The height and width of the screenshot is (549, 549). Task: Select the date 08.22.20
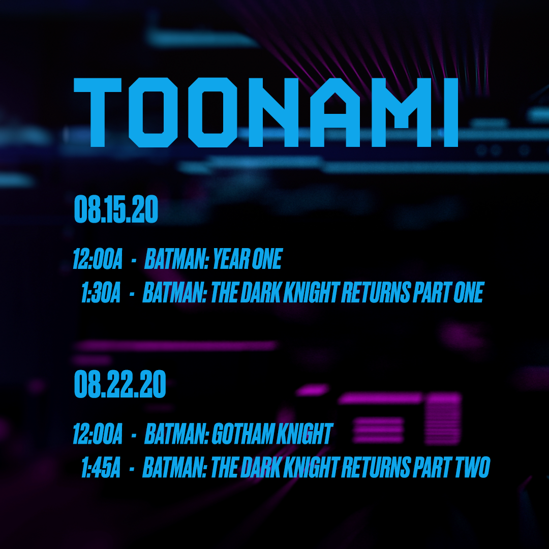(x=120, y=385)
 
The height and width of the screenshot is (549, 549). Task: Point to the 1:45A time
(x=100, y=468)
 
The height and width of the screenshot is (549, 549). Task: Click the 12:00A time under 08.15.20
(x=98, y=260)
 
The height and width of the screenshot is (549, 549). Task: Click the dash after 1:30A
(x=132, y=294)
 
